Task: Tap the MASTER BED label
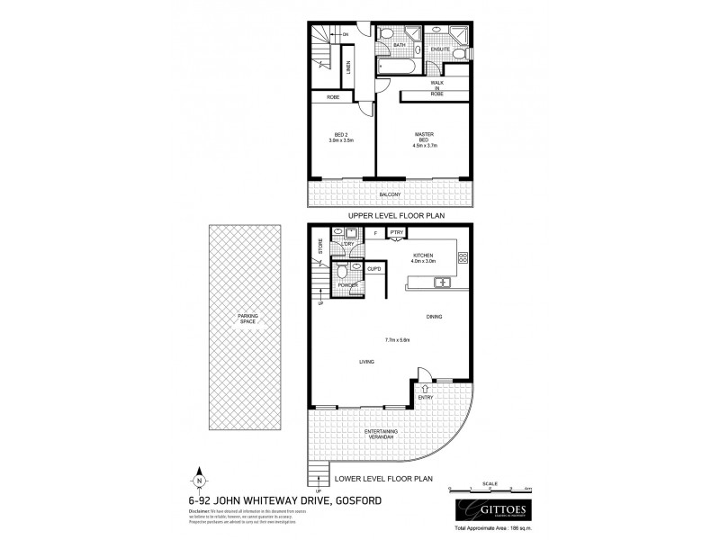point(424,138)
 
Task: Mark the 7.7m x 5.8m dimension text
point(396,340)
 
